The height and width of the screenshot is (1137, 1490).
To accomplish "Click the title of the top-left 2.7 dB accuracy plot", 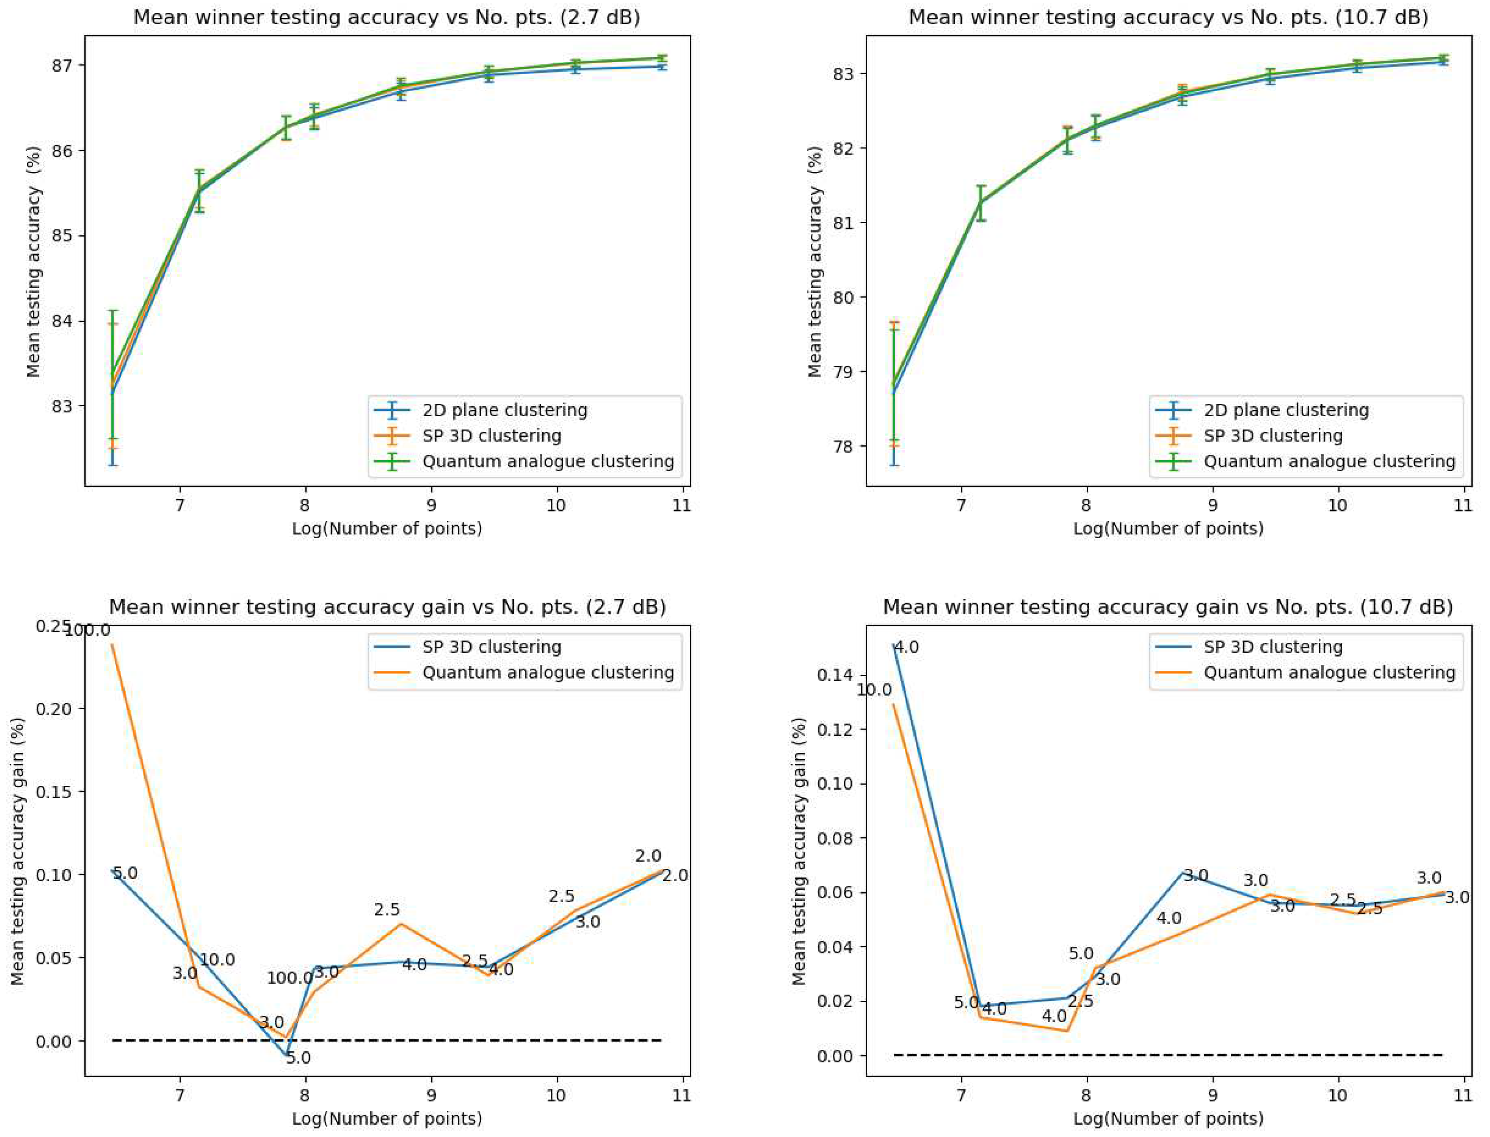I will coord(386,17).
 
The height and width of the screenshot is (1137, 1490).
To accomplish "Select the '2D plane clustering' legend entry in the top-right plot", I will coord(1286,410).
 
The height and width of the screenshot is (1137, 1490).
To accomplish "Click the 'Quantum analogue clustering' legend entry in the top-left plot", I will coord(548,461).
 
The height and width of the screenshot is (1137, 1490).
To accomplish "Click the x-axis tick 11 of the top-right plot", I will coord(1463,506).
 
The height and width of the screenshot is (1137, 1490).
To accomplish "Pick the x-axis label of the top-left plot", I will coord(386,528).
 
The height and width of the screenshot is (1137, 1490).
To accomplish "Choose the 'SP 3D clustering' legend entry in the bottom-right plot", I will coord(1272,647).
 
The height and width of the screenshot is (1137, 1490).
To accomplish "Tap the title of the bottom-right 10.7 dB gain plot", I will coord(1168,607).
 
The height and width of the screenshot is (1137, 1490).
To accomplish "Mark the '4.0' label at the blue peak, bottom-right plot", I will coord(906,648).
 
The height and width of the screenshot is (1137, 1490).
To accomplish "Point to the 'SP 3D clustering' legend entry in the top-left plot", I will coord(491,436).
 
